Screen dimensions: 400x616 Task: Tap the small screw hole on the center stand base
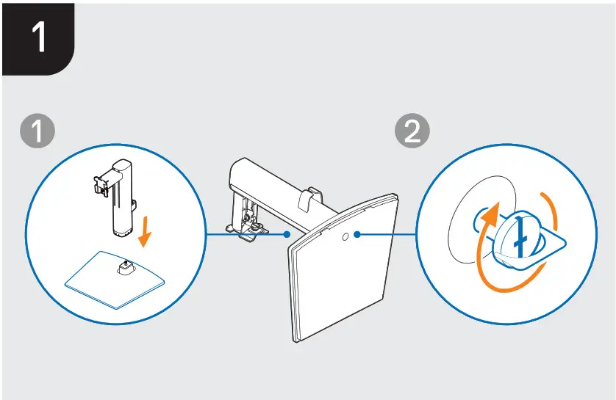pos(345,236)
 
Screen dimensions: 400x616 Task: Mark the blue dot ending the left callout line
pos(286,236)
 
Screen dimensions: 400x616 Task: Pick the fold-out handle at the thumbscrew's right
pos(553,238)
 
